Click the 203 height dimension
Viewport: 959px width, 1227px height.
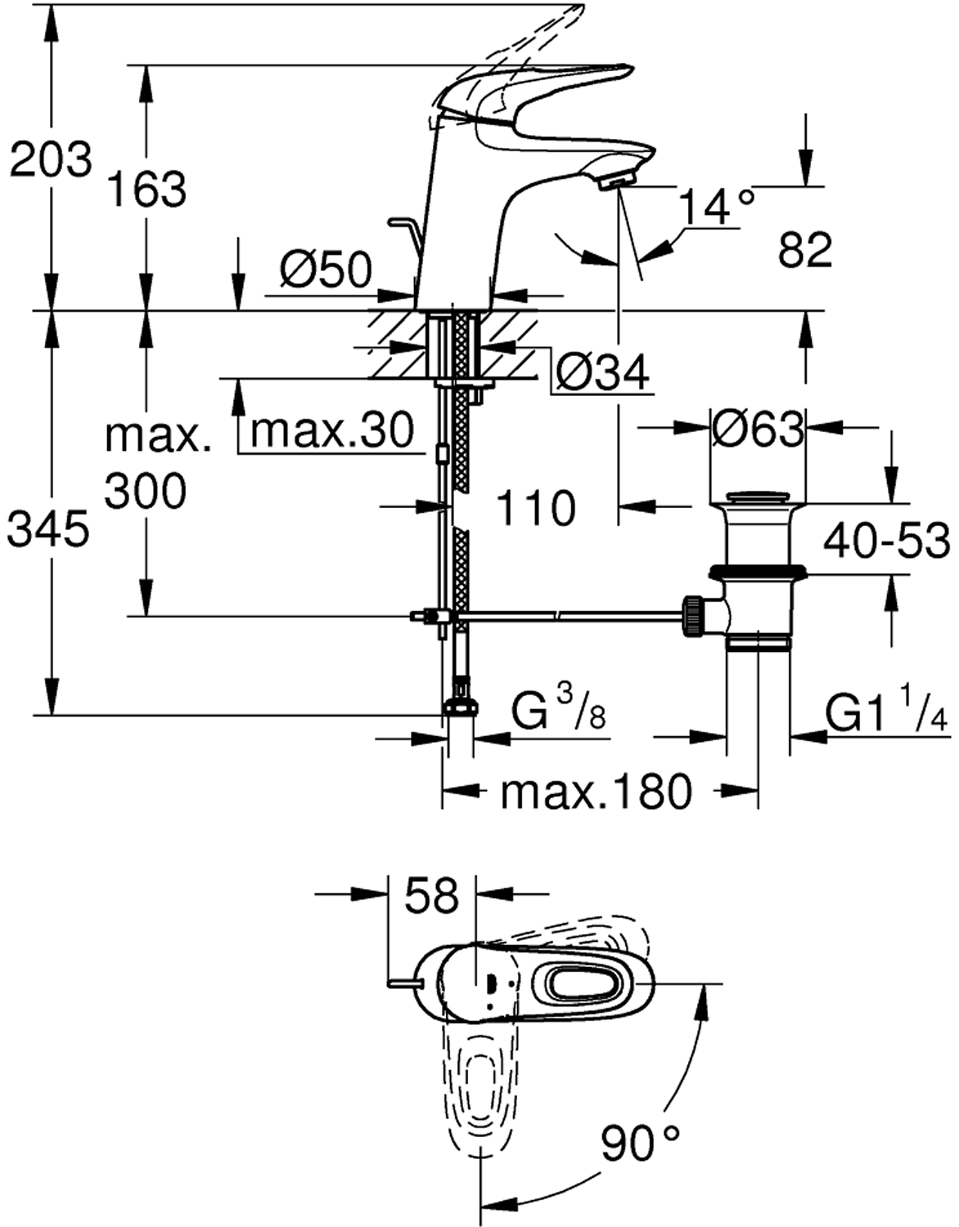click(51, 159)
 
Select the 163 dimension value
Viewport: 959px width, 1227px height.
click(147, 190)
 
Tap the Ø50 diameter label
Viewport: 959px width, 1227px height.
click(325, 268)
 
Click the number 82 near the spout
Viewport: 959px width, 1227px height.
click(804, 249)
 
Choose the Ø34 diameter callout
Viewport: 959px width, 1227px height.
click(601, 373)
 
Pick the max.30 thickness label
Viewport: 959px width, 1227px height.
click(332, 429)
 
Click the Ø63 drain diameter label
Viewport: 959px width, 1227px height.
click(757, 428)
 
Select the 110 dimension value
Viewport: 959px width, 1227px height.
click(536, 508)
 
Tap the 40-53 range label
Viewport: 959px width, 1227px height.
click(886, 540)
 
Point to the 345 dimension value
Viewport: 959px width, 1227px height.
click(47, 529)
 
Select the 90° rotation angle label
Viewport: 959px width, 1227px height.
click(641, 1144)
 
